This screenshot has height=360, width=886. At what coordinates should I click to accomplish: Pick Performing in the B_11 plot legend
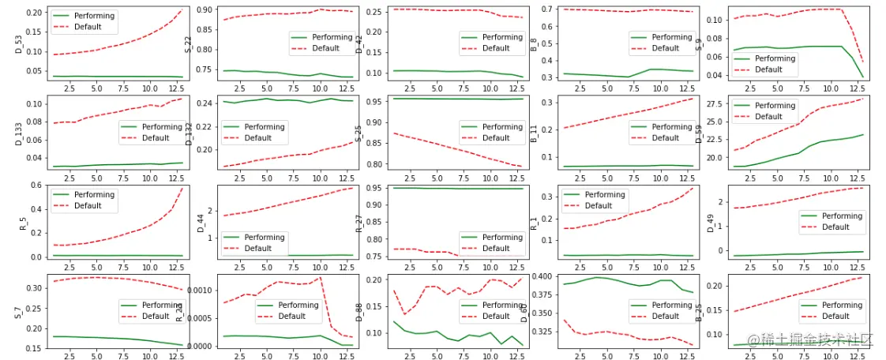672,126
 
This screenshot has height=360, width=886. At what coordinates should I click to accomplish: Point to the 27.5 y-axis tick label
715,103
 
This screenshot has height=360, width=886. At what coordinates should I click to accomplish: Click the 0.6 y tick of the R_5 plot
36,186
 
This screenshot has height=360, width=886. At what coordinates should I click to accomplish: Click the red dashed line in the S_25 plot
450,148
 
